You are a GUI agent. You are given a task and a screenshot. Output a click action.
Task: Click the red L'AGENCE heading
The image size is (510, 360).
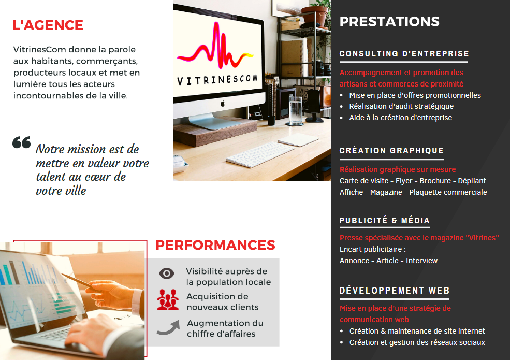[x=48, y=25]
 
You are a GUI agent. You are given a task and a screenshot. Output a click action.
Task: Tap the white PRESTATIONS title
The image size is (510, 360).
[x=389, y=21]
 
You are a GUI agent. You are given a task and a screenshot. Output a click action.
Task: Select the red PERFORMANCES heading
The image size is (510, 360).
[x=215, y=245]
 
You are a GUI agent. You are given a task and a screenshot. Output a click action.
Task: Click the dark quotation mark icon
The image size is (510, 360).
[x=21, y=142]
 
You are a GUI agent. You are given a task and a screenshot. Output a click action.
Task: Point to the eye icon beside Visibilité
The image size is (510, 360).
[x=167, y=273]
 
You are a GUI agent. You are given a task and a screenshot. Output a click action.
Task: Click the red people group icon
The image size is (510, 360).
[x=168, y=299]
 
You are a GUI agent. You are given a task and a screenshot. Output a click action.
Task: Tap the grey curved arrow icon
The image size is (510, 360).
[x=168, y=327]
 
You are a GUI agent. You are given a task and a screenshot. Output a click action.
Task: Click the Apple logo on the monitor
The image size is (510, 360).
[x=223, y=104]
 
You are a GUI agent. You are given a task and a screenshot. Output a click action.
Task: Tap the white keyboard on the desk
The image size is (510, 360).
[x=260, y=154]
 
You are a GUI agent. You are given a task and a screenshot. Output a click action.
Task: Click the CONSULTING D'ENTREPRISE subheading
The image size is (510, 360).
[x=404, y=54]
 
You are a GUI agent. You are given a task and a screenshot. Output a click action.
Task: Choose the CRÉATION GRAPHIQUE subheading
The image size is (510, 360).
[x=391, y=150]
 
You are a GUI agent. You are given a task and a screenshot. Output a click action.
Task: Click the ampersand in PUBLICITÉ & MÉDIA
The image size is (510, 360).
[x=394, y=221]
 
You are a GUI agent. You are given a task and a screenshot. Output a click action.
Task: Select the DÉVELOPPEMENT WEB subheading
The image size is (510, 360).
[x=395, y=291]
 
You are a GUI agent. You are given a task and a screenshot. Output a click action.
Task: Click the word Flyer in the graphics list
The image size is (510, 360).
[x=404, y=181]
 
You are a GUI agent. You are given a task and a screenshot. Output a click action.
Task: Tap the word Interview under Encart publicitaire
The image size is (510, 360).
[x=421, y=261]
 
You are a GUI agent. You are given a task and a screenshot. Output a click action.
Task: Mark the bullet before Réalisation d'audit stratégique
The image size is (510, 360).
[x=342, y=107]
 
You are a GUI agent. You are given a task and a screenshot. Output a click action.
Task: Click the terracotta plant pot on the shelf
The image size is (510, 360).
[x=314, y=16]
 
